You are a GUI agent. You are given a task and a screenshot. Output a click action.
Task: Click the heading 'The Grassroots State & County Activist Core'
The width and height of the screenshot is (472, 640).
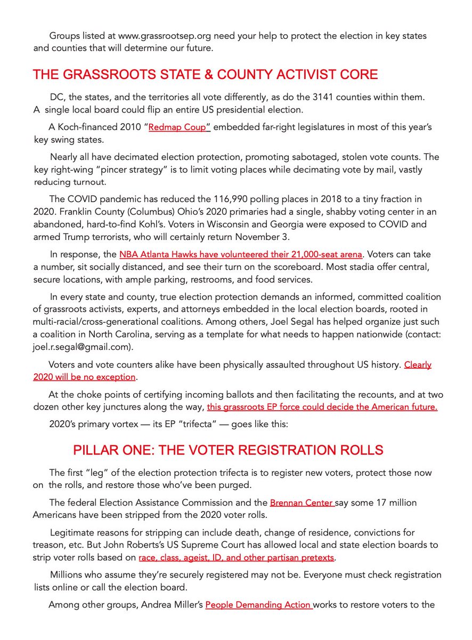[205, 74]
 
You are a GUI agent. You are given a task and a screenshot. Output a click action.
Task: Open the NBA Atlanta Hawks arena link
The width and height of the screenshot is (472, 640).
[241, 255]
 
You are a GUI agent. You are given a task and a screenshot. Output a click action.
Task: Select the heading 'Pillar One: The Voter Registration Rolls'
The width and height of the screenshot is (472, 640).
[228, 450]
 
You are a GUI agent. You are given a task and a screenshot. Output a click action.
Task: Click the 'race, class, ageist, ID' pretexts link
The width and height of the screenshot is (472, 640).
[236, 558]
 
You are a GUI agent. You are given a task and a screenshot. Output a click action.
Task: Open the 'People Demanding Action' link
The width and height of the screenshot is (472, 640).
[258, 605]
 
